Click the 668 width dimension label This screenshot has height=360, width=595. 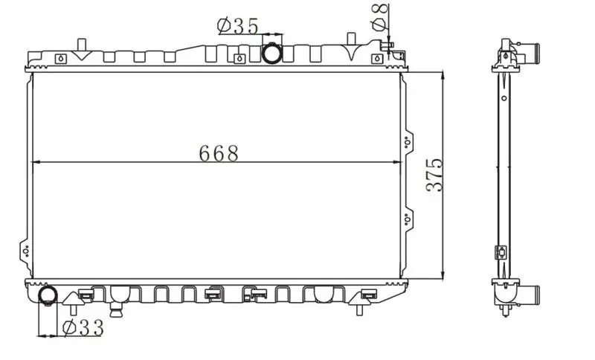click(x=219, y=153)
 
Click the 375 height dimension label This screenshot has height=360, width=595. click(x=434, y=175)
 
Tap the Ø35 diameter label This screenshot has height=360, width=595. click(x=238, y=26)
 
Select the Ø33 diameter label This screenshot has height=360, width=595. click(x=83, y=328)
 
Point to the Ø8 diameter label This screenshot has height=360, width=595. click(x=380, y=17)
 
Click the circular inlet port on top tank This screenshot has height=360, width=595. click(x=272, y=54)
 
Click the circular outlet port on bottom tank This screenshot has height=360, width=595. click(x=48, y=295)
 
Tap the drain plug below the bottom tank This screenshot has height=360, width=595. click(x=116, y=309)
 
